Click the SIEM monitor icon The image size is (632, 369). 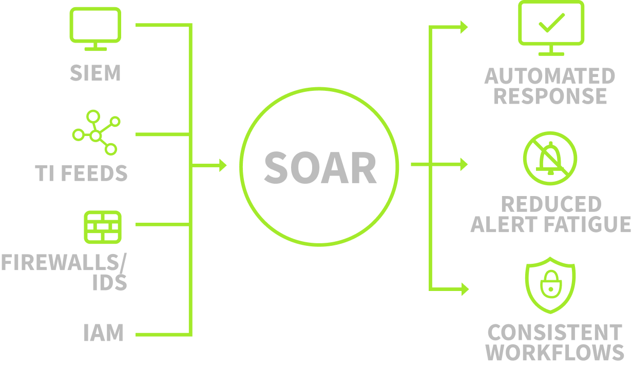[x=95, y=28]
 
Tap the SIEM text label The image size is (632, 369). [x=95, y=73]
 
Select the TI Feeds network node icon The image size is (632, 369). [x=96, y=132]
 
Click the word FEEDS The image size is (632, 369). [x=98, y=173]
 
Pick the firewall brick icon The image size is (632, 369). [x=103, y=226]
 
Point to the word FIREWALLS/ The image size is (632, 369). [x=63, y=263]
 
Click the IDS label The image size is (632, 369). [x=109, y=282]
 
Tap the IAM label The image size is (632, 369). [x=103, y=333]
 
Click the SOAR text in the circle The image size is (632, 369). [x=320, y=167]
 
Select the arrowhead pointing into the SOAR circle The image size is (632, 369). [x=223, y=165]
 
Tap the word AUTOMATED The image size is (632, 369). [x=549, y=76]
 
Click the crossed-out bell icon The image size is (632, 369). [x=550, y=158]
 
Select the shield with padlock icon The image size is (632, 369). [x=550, y=287]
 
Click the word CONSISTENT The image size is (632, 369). [x=554, y=333]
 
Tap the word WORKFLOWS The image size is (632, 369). [x=555, y=353]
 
